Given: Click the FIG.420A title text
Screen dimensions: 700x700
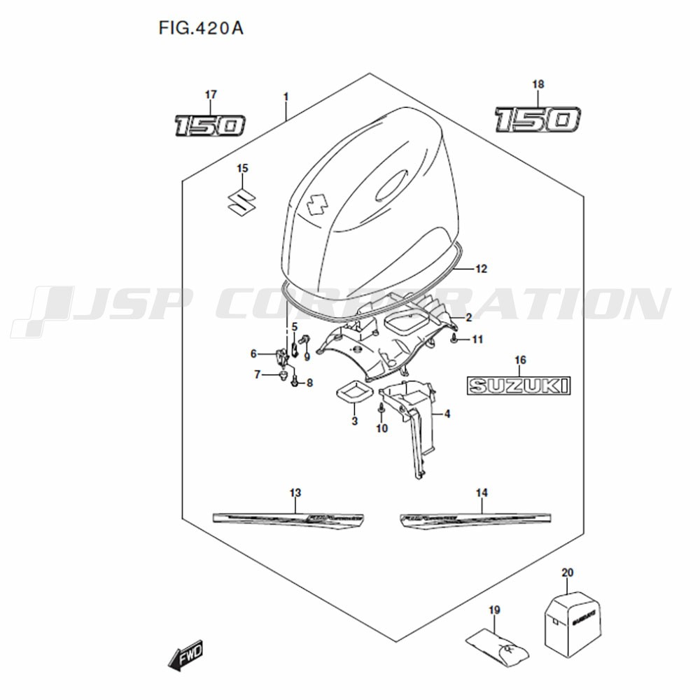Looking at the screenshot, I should click(201, 29).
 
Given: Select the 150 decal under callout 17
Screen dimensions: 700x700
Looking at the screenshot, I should click(210, 125).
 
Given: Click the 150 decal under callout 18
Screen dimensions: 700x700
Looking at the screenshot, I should click(537, 119).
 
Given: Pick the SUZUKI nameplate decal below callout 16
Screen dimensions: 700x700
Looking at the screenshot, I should click(519, 384).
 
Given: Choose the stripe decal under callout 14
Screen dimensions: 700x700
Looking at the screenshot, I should click(473, 519).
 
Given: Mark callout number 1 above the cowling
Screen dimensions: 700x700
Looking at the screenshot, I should click(286, 94).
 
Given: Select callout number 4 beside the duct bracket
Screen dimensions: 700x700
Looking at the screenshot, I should click(447, 414).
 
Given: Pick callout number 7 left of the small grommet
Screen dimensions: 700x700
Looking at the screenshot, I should click(257, 375).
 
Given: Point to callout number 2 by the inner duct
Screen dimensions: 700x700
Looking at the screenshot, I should click(468, 318).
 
